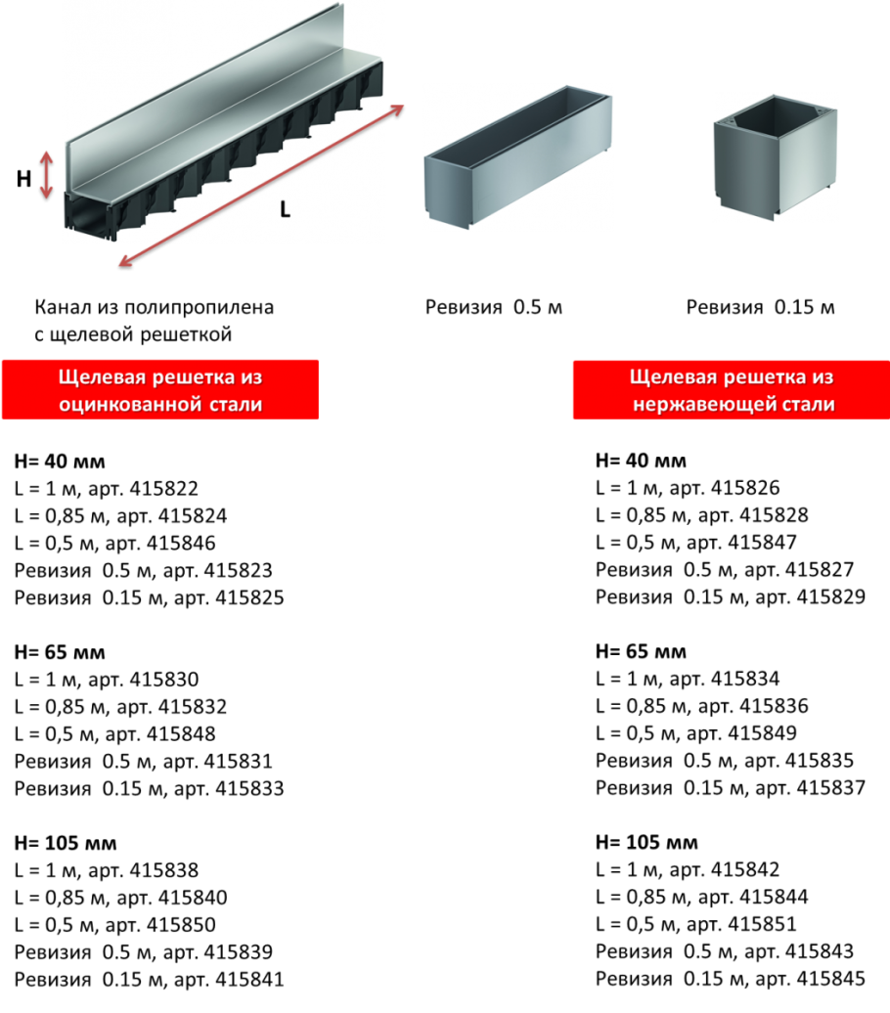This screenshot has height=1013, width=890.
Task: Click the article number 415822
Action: [x=164, y=489]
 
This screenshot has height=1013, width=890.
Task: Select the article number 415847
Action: [x=763, y=542]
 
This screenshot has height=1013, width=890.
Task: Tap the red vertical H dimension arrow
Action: [x=46, y=174]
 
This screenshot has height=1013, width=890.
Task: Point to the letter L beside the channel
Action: [x=285, y=209]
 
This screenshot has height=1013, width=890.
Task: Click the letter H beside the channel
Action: [x=23, y=178]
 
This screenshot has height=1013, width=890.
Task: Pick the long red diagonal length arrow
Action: [x=261, y=186]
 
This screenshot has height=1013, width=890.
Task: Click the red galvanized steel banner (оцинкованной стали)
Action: [x=160, y=390]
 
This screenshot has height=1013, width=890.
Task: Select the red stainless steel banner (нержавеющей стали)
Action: [x=732, y=390]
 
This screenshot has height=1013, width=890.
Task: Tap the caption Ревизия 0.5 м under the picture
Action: [x=494, y=307]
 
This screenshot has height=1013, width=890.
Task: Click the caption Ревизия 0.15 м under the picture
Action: [x=761, y=307]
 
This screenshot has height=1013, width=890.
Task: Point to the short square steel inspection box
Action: [x=776, y=157]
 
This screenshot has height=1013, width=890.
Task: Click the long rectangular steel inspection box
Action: [x=517, y=157]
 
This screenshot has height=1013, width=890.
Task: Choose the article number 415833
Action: [x=249, y=788]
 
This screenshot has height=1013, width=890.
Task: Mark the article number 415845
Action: [x=831, y=979]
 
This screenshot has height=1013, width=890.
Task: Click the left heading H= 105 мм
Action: [x=66, y=843]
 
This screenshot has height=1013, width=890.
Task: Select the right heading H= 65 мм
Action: [x=642, y=651]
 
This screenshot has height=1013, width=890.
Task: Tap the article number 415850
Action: [x=182, y=924]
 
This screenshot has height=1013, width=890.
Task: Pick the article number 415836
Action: [x=775, y=706]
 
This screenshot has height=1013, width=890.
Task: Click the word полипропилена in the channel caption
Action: [x=200, y=308]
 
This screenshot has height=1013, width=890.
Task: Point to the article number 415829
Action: [x=831, y=596]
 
